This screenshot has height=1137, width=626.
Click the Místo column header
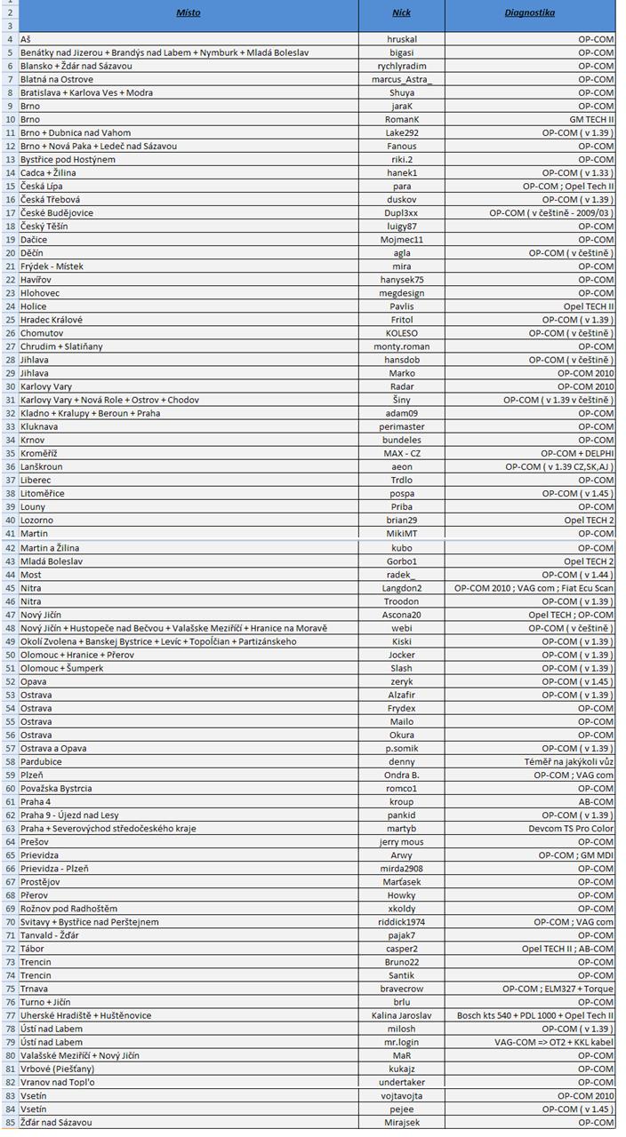click(x=188, y=13)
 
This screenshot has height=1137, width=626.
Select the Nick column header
click(x=402, y=13)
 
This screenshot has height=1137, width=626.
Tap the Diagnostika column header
click(x=530, y=13)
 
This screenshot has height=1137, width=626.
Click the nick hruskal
click(x=402, y=40)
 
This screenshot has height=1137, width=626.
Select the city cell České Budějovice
click(x=57, y=213)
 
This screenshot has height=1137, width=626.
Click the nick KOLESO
click(x=402, y=333)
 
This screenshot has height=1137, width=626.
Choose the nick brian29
click(x=402, y=520)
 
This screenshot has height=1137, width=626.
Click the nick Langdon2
click(x=402, y=588)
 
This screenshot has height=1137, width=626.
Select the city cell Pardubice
click(x=41, y=762)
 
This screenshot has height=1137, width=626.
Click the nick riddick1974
click(x=402, y=922)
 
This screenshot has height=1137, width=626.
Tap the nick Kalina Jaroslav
click(x=402, y=1015)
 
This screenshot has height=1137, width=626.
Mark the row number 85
click(x=10, y=1123)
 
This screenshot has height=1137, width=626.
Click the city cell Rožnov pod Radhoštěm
click(x=68, y=909)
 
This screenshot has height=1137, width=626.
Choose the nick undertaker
click(x=402, y=1082)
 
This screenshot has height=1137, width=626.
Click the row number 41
click(x=10, y=534)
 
